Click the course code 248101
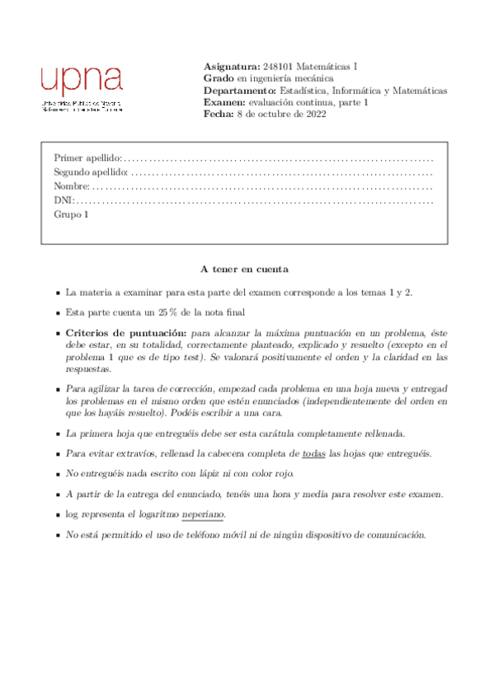point(276,66)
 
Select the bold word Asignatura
point(230,66)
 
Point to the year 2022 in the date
point(315,115)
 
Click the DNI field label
point(64,200)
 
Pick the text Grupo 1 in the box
point(71,214)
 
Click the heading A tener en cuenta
point(244,270)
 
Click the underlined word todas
point(313,454)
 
